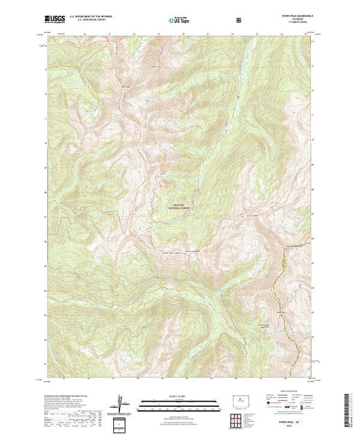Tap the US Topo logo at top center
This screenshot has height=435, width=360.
178,20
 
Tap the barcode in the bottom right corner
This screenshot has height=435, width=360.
348,410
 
